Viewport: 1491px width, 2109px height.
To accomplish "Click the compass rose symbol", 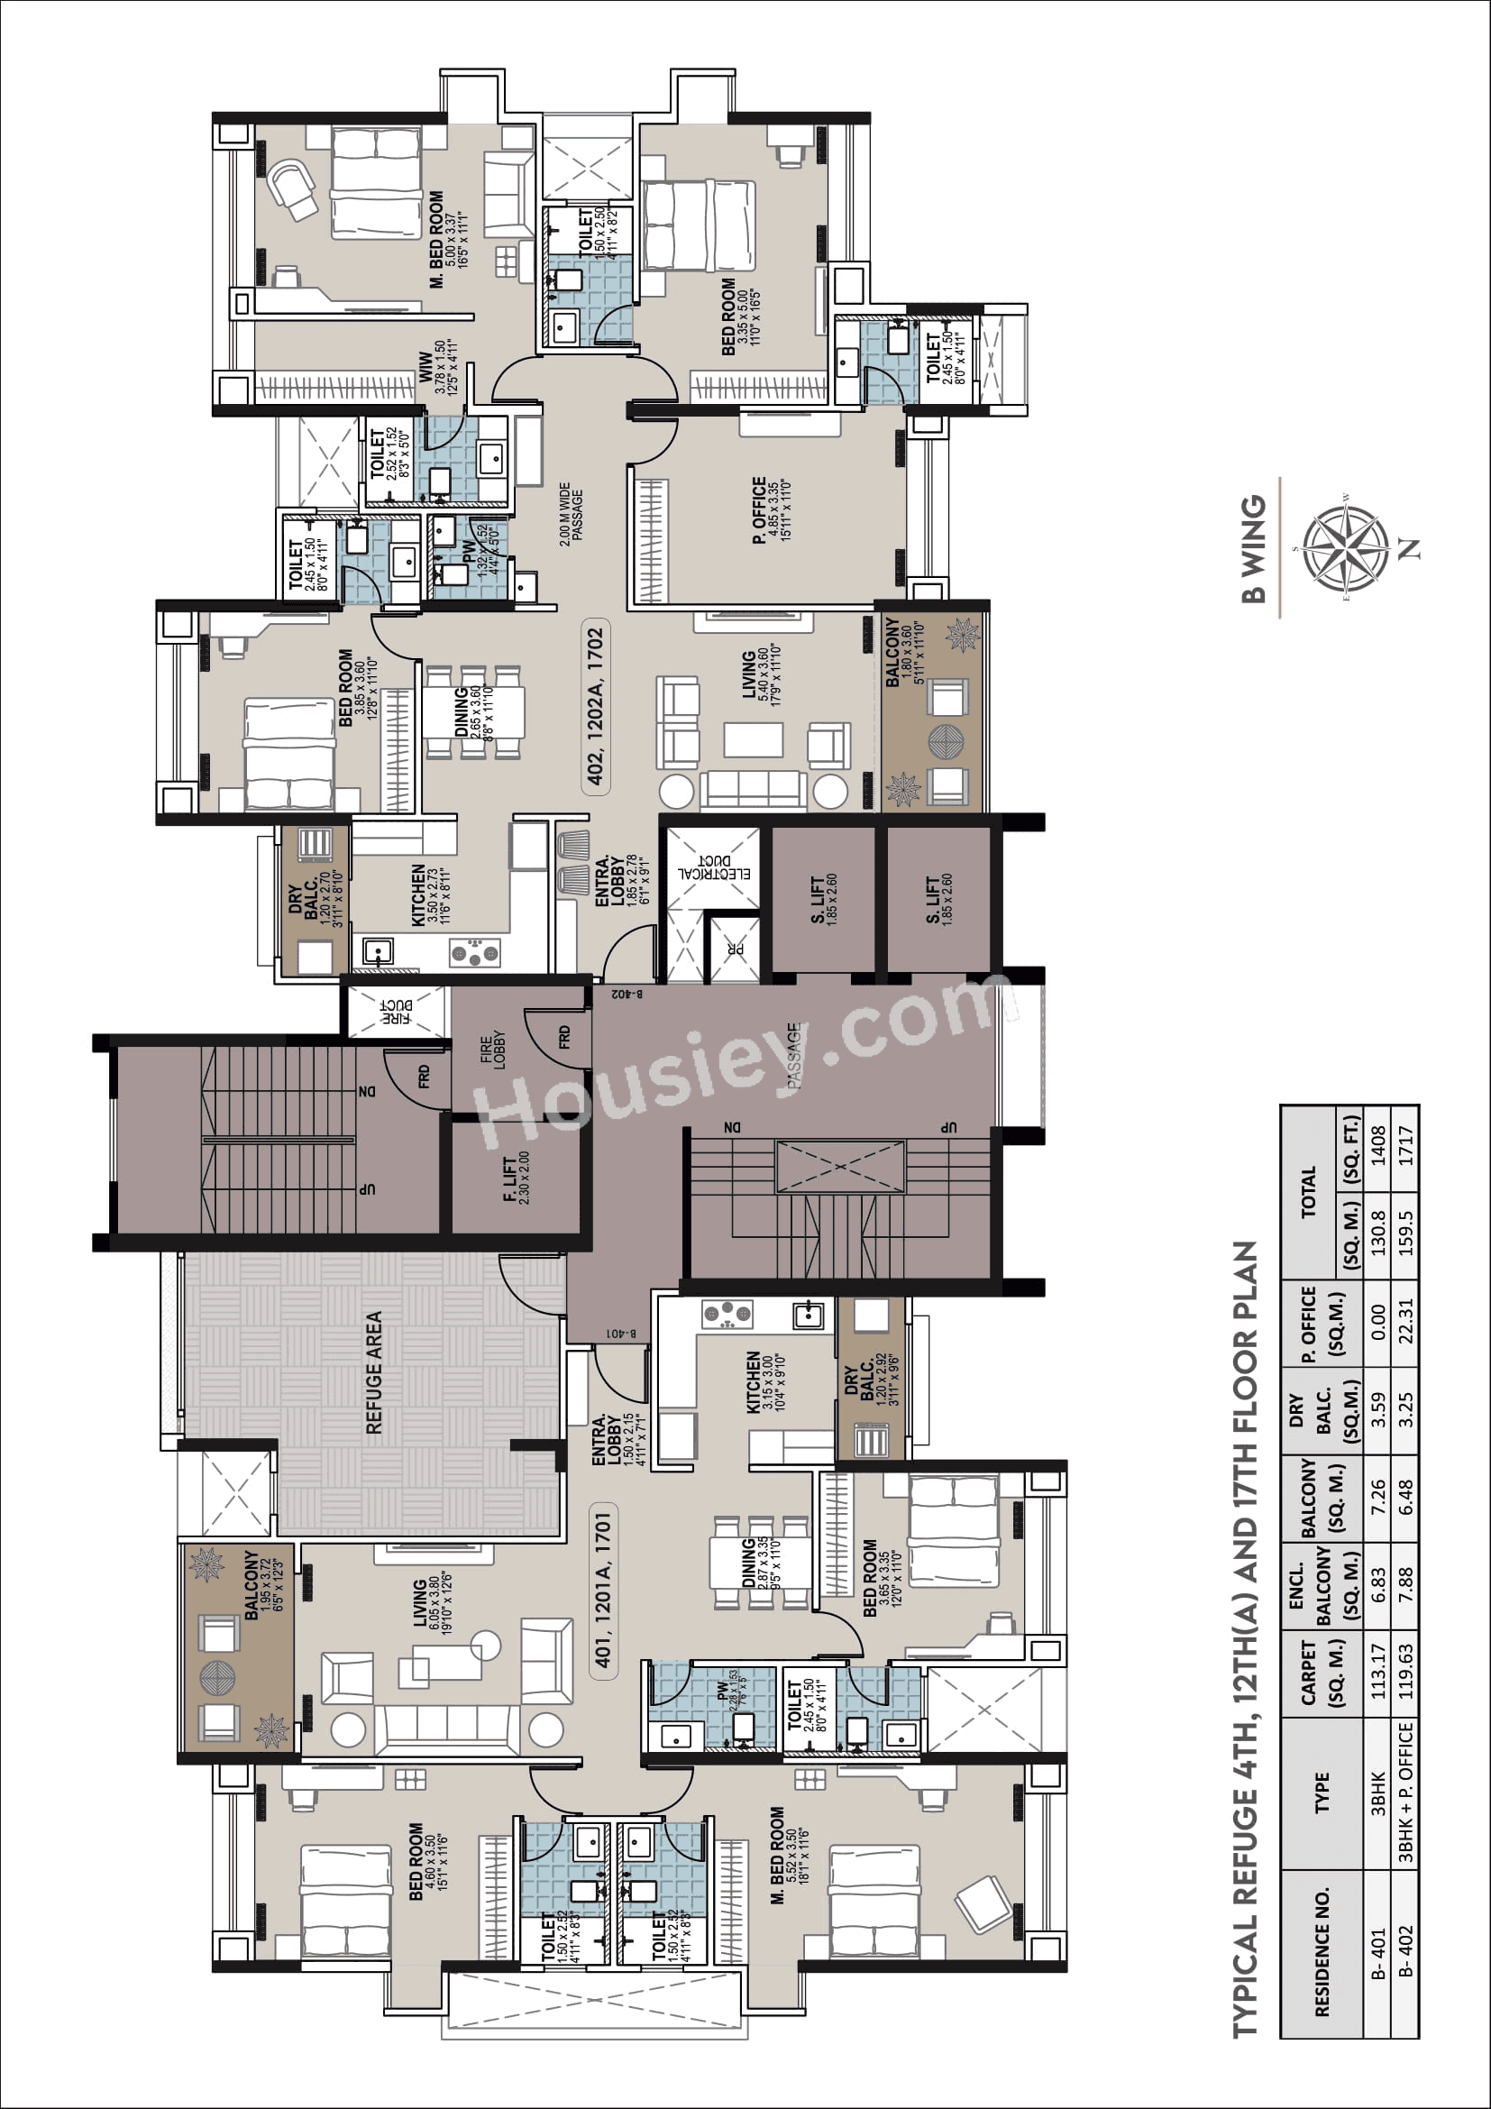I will [x=1345, y=550].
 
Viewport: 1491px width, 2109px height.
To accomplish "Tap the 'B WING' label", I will [x=1253, y=549].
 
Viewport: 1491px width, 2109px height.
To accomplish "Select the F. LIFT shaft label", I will [x=516, y=1178].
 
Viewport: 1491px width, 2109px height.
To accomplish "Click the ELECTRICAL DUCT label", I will [x=713, y=867].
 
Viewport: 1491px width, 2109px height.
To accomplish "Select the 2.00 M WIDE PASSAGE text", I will [x=570, y=514].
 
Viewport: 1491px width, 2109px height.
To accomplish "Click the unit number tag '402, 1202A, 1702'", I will [x=596, y=705].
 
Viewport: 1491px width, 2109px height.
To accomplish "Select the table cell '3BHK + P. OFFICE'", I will [x=1404, y=1793].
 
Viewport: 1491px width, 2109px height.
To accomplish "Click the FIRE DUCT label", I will [x=397, y=1012].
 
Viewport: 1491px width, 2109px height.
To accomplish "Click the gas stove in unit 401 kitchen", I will [x=727, y=1315].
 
